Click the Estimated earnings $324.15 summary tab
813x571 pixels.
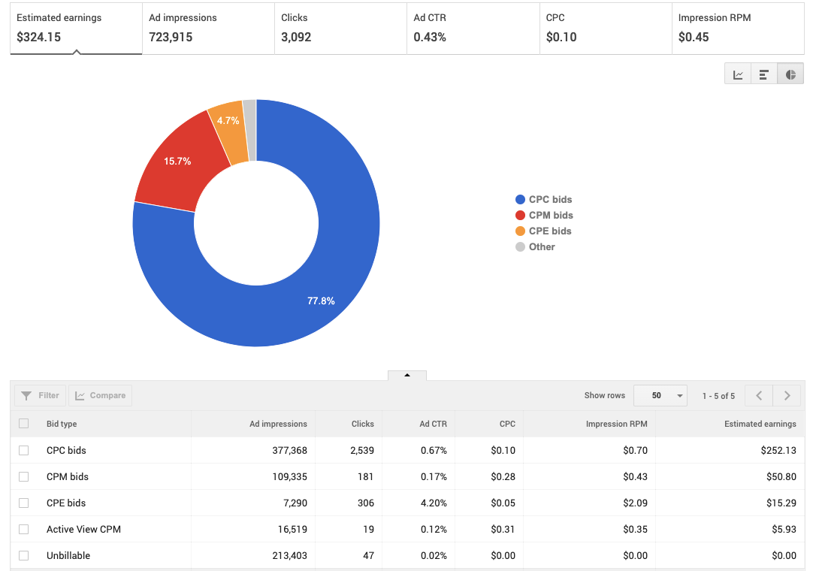(75, 28)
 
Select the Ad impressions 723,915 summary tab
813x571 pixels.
(208, 28)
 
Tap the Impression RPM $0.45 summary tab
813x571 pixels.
(737, 28)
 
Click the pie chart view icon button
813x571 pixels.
(790, 74)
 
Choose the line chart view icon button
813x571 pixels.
(738, 74)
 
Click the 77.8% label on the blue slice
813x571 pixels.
(321, 301)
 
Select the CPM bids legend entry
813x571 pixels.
(551, 216)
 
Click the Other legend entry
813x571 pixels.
(541, 247)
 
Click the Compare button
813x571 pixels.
(100, 396)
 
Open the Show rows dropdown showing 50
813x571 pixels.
(660, 396)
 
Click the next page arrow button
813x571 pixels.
(787, 396)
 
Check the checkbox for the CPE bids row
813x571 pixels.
(24, 503)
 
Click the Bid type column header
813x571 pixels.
(62, 424)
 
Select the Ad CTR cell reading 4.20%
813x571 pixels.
(433, 503)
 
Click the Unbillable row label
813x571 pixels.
(68, 555)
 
